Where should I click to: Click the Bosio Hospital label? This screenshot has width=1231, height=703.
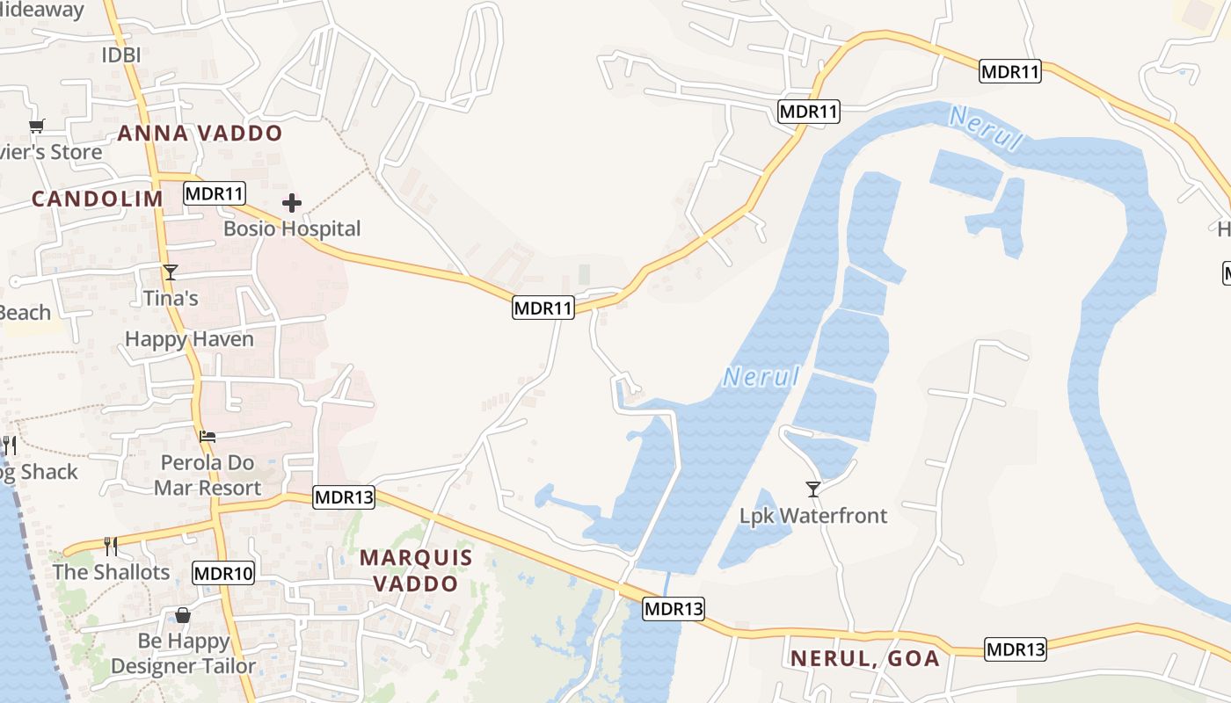292,228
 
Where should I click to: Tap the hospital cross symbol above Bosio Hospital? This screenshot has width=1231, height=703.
292,204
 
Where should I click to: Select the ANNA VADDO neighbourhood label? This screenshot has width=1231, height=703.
200,134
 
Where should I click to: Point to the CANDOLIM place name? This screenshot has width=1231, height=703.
98,199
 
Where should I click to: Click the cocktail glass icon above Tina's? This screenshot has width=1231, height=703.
171,272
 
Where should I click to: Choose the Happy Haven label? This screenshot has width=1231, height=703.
189,339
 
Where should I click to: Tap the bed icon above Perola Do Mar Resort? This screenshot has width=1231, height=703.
208,436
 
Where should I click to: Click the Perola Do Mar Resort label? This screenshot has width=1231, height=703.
208,475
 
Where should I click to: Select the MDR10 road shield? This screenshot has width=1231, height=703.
223,574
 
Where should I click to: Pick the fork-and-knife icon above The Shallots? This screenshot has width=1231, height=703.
111,547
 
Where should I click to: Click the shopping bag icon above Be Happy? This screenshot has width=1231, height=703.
183,615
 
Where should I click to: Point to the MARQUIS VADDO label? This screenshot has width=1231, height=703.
416,570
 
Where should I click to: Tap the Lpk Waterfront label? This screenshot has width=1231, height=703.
813,516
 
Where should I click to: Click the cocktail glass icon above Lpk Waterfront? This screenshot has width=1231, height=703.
813,489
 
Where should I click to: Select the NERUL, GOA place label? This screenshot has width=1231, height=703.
865,659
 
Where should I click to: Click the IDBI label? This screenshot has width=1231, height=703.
121,54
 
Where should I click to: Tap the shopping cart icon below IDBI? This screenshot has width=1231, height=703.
36,127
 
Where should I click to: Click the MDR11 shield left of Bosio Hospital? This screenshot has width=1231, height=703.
215,193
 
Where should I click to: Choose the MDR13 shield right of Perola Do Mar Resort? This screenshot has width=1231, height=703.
344,497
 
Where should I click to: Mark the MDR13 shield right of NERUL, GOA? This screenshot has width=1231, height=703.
1016,649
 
